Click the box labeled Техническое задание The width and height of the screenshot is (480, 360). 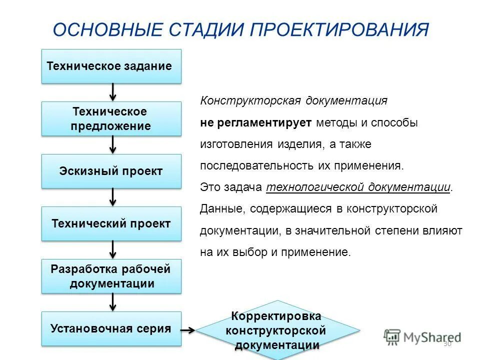111,66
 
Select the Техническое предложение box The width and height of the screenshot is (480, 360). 111,118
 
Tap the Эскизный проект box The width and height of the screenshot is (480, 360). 111,171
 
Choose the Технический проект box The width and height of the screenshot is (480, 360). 111,223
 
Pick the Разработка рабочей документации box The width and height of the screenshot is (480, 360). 111,276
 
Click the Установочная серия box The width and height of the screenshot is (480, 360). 111,328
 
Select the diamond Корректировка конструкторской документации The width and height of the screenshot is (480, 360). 277,330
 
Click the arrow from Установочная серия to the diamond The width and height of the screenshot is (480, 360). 188,330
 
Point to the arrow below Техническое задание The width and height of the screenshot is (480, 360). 113,92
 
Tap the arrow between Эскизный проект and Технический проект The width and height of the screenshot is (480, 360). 113,197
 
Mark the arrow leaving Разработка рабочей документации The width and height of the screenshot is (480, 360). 113,302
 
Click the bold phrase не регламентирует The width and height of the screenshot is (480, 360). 255,122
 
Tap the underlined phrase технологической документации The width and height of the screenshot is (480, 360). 358,187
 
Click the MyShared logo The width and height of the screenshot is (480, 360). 422,336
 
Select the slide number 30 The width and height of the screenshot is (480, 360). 447,344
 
